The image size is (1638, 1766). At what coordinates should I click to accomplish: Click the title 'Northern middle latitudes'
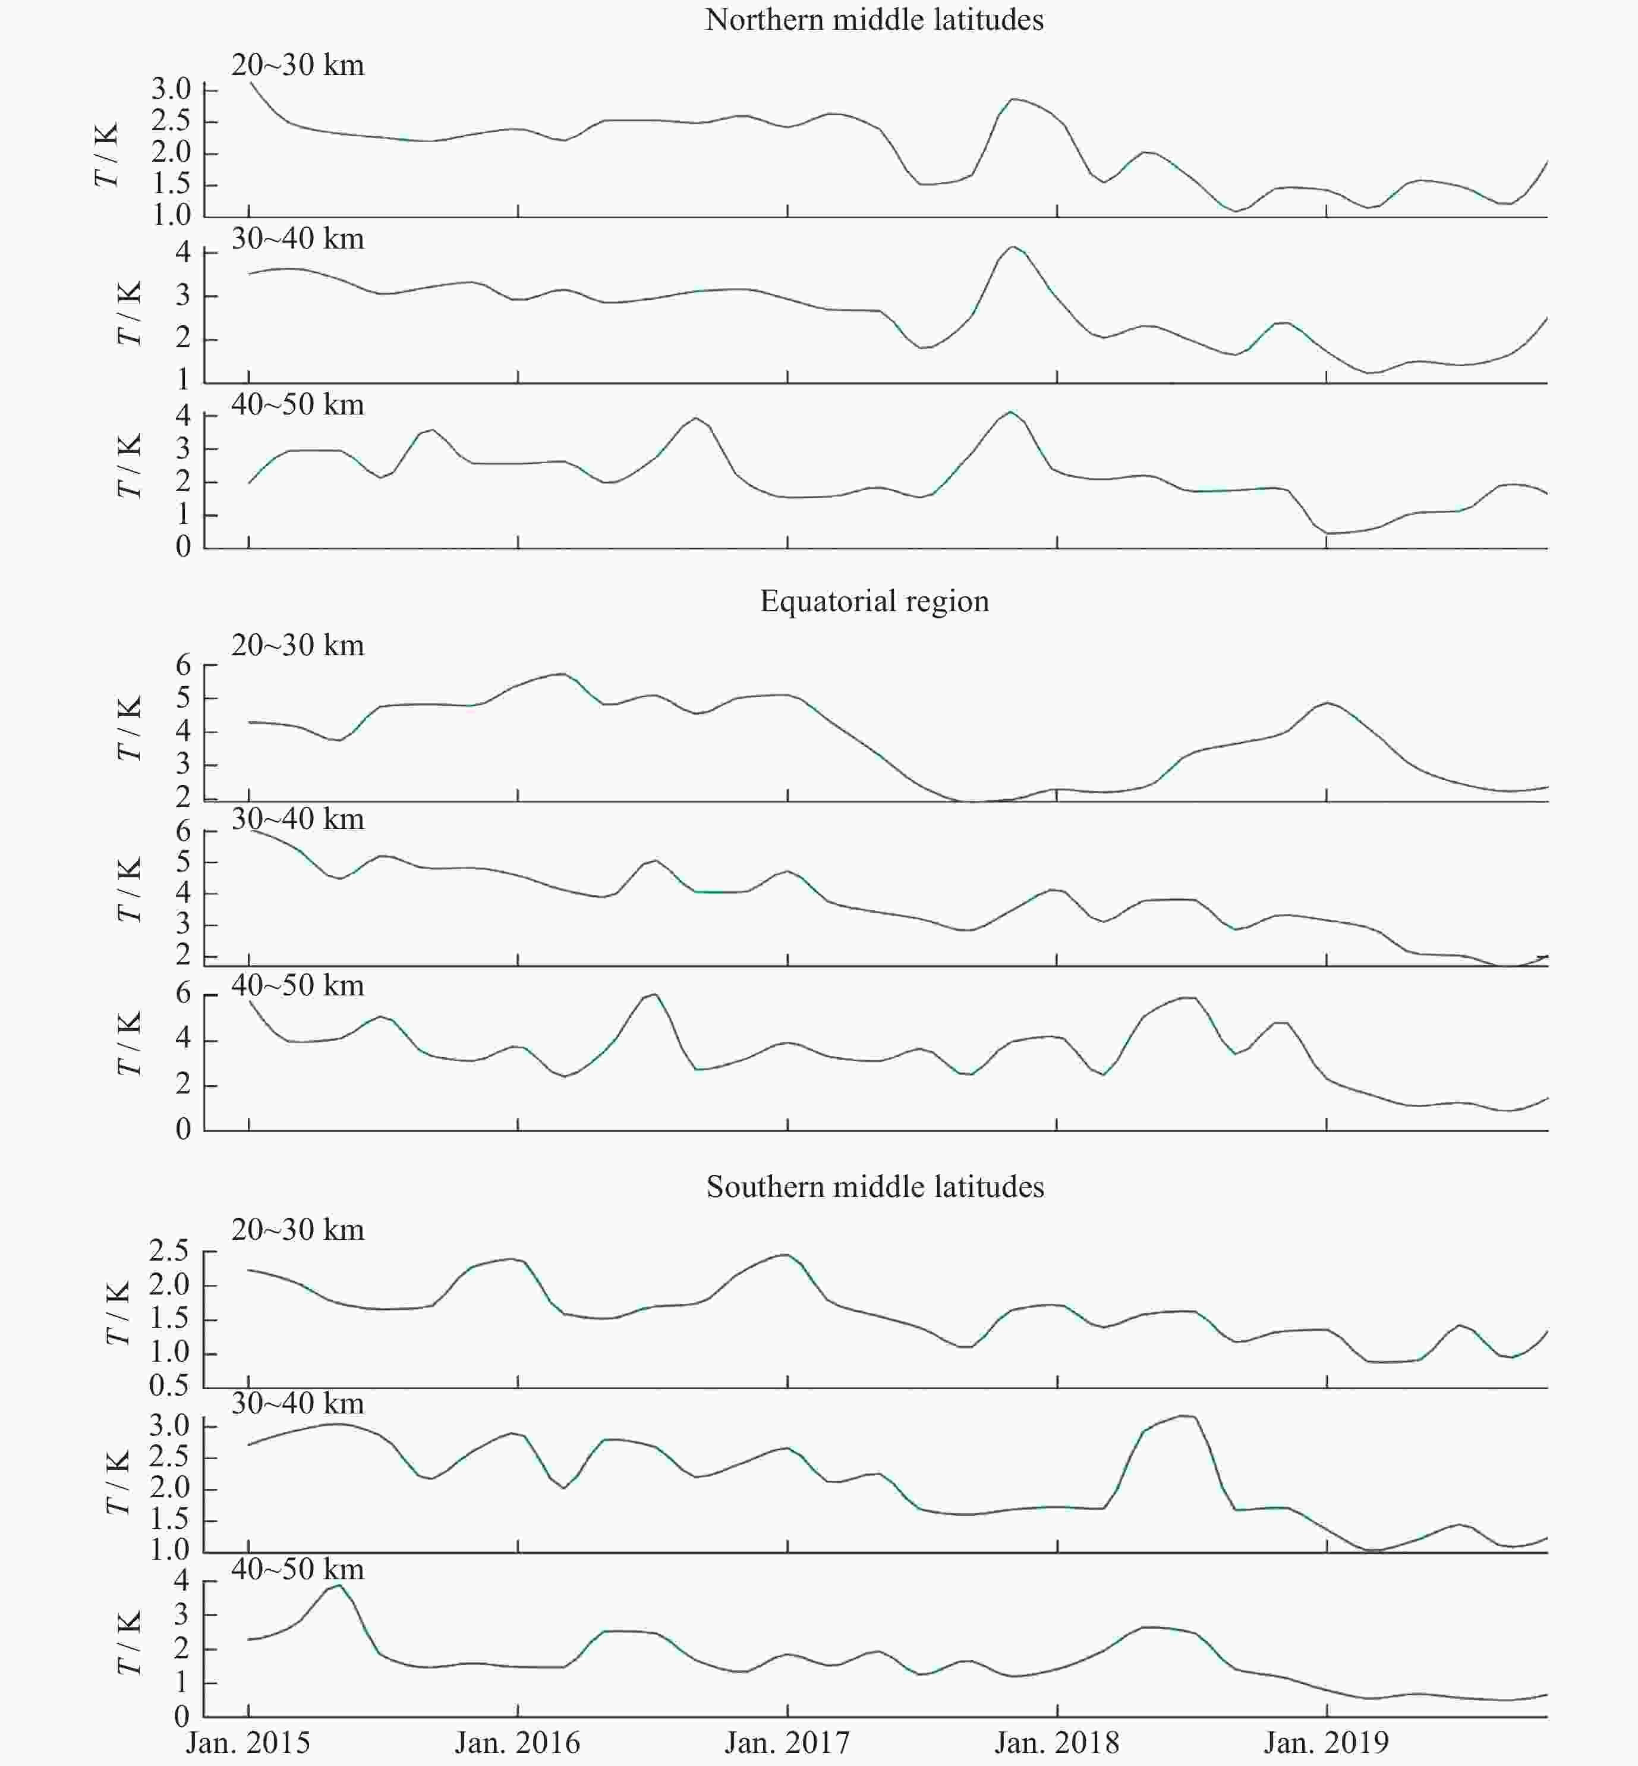[x=874, y=20]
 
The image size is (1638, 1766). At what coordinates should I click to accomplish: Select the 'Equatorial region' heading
[x=874, y=601]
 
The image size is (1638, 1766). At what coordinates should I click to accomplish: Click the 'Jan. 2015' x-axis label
[x=248, y=1742]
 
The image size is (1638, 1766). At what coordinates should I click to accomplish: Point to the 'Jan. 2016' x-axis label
[x=518, y=1742]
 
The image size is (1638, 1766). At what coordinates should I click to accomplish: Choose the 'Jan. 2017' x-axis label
[x=787, y=1742]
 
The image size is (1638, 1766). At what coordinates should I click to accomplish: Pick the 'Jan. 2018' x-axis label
[x=1057, y=1742]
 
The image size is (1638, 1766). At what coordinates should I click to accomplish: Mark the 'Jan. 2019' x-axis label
[x=1326, y=1742]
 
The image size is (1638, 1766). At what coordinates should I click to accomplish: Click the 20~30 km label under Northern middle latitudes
[x=298, y=65]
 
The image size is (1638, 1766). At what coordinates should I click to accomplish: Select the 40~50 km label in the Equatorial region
[x=298, y=986]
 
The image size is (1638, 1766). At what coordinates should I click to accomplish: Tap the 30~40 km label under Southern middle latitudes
[x=298, y=1403]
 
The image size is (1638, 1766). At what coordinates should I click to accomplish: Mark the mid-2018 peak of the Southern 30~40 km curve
[x=1186, y=1416]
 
